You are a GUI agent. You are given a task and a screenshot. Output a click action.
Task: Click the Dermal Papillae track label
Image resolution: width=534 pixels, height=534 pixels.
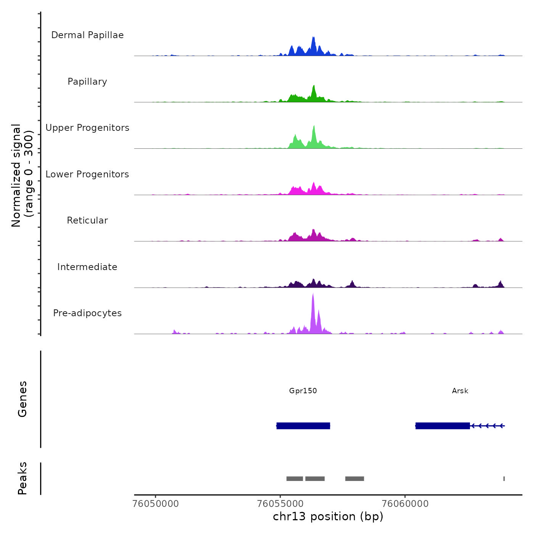[x=87, y=35]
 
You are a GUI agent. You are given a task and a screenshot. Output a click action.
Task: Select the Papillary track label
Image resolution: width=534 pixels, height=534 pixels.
[x=87, y=82]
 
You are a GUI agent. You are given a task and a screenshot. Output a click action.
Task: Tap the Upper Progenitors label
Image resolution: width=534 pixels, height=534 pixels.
[x=87, y=128]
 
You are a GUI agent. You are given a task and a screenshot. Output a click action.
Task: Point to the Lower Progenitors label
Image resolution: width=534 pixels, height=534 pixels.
[x=87, y=174]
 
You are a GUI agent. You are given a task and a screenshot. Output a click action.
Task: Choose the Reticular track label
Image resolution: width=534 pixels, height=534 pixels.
[x=87, y=220]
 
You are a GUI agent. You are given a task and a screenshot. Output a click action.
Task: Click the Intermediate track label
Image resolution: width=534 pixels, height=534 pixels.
[x=87, y=267]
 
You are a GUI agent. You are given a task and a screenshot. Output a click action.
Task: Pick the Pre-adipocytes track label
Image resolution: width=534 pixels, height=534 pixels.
[x=87, y=313]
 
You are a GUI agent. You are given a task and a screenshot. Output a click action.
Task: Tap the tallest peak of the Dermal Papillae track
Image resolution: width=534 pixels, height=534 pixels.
[x=314, y=38]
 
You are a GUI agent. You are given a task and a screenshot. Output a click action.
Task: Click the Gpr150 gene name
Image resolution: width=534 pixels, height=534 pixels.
[x=303, y=391]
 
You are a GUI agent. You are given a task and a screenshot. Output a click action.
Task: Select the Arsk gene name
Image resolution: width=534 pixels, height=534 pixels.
[x=460, y=391]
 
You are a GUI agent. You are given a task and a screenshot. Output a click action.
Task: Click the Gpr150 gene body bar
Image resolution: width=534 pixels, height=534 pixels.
[x=303, y=426]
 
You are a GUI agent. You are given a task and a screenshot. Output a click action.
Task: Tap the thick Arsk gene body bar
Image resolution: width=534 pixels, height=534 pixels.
[x=442, y=426]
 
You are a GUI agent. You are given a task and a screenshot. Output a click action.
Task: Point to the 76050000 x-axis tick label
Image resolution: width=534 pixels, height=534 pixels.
[x=156, y=503]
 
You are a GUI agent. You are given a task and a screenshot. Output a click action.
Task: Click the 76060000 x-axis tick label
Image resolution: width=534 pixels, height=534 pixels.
[x=405, y=503]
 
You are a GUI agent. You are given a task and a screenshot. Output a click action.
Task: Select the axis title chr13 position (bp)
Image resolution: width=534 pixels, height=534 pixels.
[x=328, y=516]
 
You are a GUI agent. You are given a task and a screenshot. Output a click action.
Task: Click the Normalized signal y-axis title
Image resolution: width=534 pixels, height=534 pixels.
[x=22, y=175]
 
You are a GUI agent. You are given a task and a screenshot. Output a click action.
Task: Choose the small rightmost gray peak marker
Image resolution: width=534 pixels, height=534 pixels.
[x=504, y=479]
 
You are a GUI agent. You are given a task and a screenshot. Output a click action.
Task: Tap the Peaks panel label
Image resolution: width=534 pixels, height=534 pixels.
[x=22, y=478]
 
